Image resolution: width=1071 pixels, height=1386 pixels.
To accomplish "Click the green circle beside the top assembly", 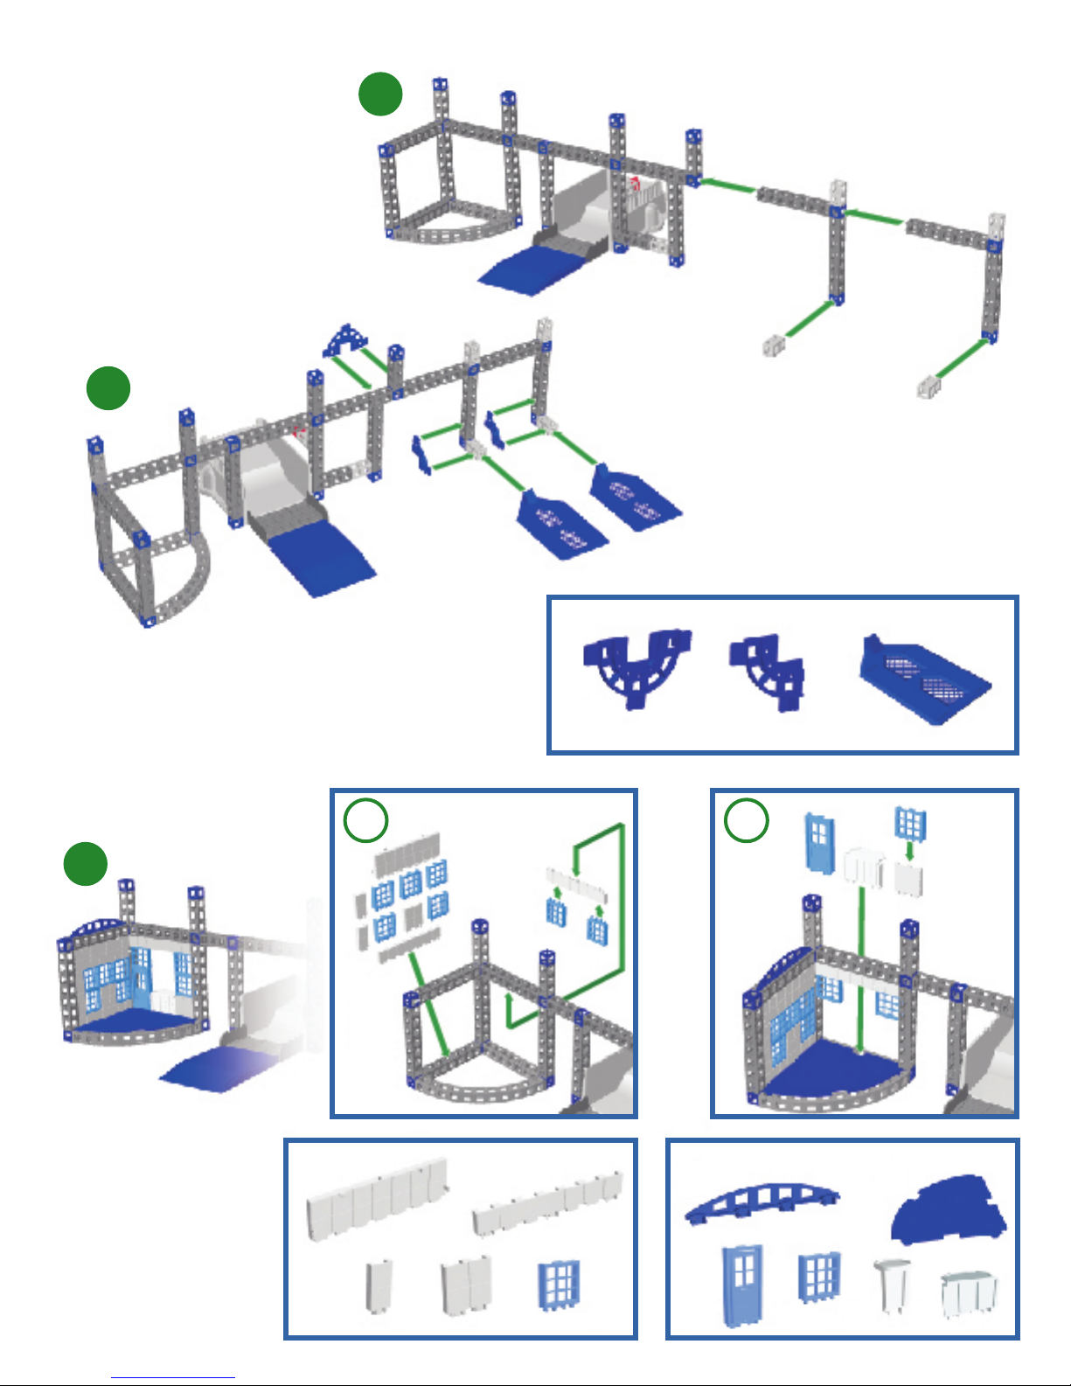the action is point(380,94).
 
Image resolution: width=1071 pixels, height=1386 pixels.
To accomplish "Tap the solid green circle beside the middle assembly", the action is point(108,388).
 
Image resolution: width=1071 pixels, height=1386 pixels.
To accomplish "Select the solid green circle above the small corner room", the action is point(86,863).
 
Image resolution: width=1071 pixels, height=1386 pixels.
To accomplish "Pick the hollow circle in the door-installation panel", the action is point(747,821).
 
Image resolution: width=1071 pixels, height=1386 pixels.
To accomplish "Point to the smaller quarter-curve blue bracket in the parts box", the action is point(768,671).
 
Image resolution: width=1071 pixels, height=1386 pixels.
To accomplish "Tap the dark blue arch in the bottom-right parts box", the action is point(761,1202).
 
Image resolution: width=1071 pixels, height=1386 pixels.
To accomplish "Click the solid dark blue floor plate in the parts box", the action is point(948,1211).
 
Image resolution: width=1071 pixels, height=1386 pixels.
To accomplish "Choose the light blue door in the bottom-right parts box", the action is point(742,1285).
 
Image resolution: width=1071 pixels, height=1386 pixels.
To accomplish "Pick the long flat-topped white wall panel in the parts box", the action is point(378,1198).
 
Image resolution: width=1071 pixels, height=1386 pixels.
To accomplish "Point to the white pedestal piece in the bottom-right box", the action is point(892,1284).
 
